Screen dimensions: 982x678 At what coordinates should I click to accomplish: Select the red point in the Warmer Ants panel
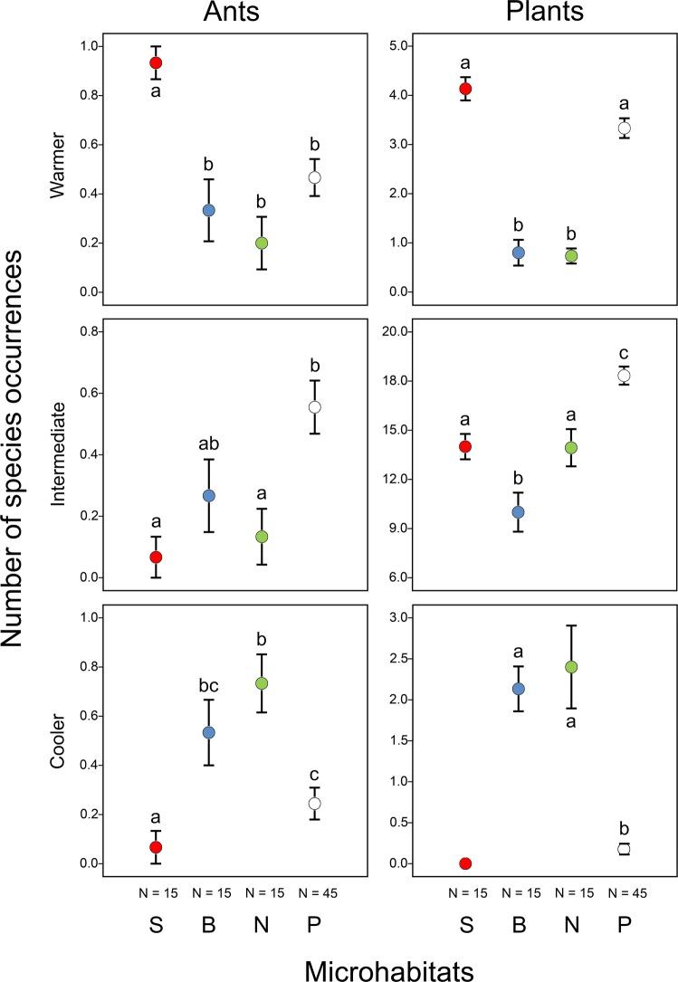(156, 63)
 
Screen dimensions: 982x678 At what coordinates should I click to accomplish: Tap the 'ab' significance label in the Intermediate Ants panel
(208, 444)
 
